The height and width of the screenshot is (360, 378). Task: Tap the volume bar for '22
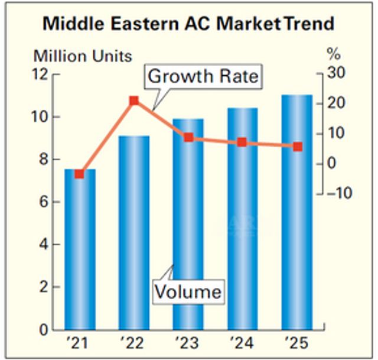click(134, 236)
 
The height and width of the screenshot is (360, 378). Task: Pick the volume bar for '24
click(242, 219)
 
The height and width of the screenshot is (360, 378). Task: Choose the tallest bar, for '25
click(296, 213)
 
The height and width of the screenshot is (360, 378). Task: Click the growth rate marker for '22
click(134, 100)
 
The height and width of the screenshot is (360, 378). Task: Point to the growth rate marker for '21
click(80, 174)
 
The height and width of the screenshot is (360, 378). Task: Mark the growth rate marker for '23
click(188, 137)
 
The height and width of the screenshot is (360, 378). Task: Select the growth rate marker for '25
click(298, 146)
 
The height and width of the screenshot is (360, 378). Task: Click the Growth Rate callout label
click(203, 77)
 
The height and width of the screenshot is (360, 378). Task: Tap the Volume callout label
click(188, 291)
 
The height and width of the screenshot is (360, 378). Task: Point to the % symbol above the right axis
click(334, 56)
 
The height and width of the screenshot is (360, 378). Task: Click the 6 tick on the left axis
click(43, 202)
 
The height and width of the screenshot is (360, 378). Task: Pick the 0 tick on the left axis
click(43, 329)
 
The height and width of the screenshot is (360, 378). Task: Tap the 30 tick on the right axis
click(335, 74)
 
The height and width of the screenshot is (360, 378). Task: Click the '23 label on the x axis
click(187, 343)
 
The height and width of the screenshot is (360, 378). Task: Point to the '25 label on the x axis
click(296, 343)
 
